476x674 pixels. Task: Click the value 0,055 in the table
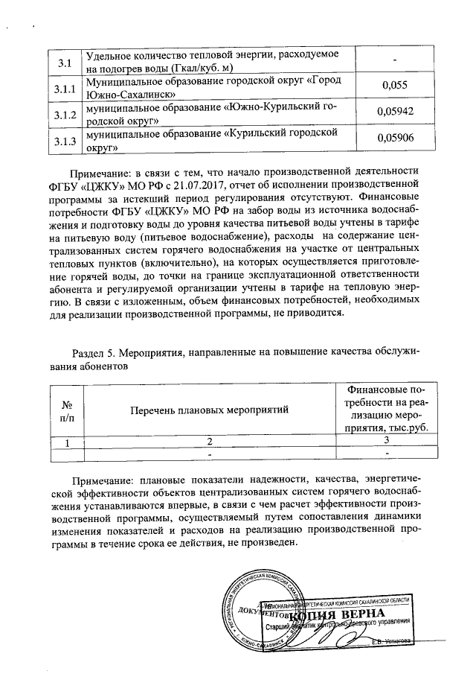tap(395, 86)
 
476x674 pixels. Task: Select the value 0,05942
tap(395, 112)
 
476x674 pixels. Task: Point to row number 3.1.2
tap(65, 115)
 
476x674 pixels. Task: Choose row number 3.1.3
tap(65, 141)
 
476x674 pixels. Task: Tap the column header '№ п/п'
tap(66, 409)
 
